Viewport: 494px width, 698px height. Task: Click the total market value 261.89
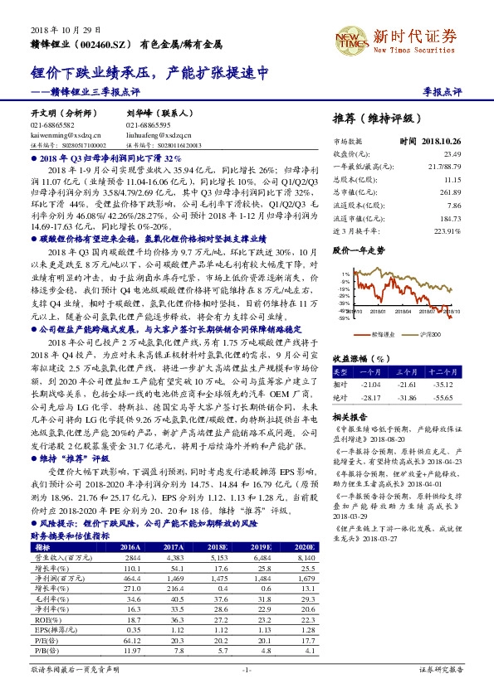coord(449,191)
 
